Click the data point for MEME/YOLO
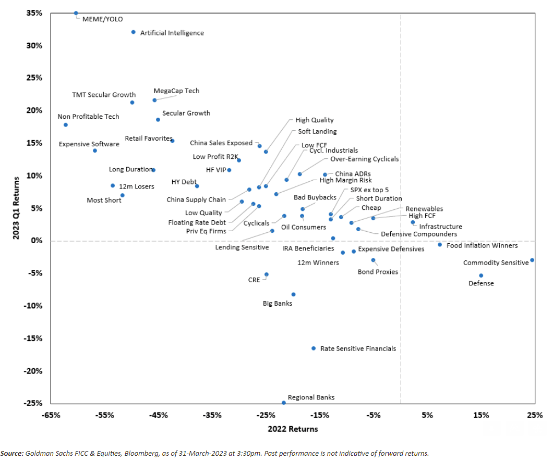[x=76, y=13]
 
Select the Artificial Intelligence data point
[x=133, y=32]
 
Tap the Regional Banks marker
[x=284, y=403]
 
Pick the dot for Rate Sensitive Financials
[x=314, y=348]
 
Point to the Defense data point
[x=481, y=276]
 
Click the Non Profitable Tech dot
[x=65, y=125]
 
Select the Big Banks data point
[x=293, y=295]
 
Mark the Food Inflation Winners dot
[x=440, y=245]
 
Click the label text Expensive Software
[x=89, y=144]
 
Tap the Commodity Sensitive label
[x=496, y=263]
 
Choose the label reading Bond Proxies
[x=378, y=272]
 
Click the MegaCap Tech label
[x=176, y=91]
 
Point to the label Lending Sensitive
[x=242, y=247]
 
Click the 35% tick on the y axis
[x=34, y=13]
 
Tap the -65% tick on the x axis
[x=51, y=416]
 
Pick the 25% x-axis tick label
[x=534, y=416]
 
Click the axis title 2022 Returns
[x=293, y=429]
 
